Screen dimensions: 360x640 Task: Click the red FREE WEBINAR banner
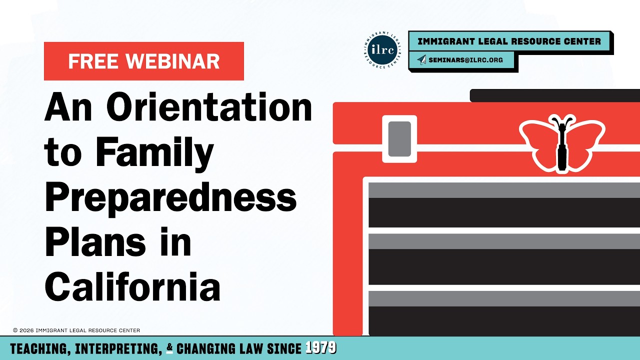point(144,61)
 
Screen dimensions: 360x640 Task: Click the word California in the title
point(132,286)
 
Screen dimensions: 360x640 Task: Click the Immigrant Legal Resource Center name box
point(509,41)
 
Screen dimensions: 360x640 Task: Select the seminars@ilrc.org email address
point(465,60)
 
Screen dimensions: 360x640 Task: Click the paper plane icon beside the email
point(422,60)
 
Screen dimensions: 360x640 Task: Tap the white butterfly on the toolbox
point(561,142)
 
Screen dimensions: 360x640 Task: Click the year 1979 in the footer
point(320,348)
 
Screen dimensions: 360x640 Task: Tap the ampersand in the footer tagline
point(169,349)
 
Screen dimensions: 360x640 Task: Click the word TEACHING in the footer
point(39,349)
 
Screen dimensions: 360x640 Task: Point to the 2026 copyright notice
point(76,330)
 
